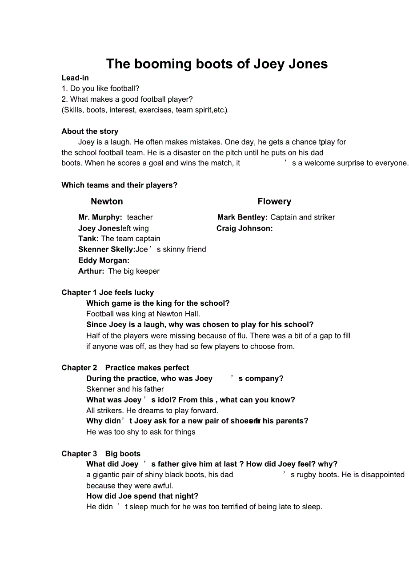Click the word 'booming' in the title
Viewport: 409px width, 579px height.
click(x=163, y=64)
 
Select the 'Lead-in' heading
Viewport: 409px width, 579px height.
click(x=75, y=78)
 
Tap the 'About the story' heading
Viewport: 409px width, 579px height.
click(x=90, y=131)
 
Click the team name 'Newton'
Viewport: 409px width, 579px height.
click(x=107, y=201)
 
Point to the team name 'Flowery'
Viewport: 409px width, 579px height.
click(x=274, y=201)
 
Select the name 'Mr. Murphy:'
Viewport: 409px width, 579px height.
click(x=100, y=217)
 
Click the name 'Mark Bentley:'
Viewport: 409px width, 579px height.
click(x=242, y=217)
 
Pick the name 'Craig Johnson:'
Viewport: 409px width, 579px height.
click(x=245, y=228)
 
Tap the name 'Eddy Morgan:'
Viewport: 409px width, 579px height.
click(x=104, y=260)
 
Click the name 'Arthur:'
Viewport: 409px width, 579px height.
click(x=91, y=271)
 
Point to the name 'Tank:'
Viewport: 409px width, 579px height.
click(x=88, y=239)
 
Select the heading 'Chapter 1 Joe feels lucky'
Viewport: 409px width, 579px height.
click(x=108, y=292)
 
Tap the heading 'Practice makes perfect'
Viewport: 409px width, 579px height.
click(x=147, y=367)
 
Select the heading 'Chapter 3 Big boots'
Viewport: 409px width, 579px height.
click(x=101, y=454)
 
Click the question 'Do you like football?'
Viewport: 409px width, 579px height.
click(x=104, y=88)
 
